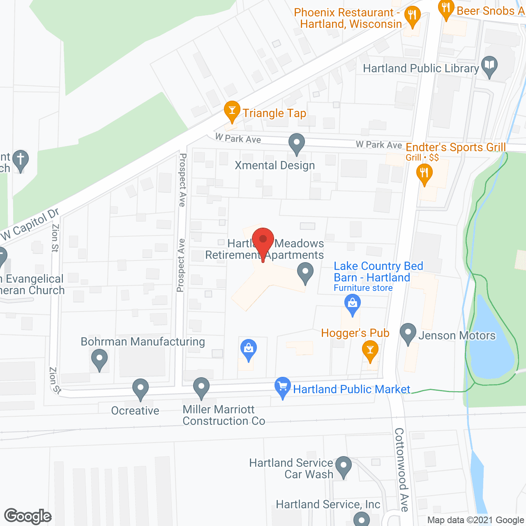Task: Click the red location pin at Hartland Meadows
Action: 263,240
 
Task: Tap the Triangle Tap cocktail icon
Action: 232,111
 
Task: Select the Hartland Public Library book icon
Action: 489,66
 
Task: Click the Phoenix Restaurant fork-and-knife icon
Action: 412,16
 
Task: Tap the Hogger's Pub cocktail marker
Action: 370,350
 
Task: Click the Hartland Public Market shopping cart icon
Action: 282,387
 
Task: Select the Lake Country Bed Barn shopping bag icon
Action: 352,304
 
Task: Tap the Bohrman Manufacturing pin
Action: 99,359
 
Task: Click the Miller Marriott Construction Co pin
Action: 201,388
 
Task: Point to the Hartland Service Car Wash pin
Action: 344,466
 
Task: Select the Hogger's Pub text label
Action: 355,333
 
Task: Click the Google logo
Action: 28,516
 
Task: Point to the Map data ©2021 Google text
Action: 476,520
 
